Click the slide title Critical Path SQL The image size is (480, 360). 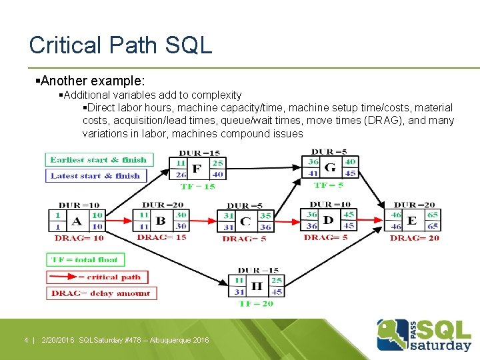121,45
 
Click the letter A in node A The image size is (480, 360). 77,221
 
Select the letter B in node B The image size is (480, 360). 161,221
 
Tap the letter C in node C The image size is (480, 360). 245,221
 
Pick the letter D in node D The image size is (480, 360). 328,220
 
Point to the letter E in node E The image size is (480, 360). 412,221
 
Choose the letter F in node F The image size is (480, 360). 196,169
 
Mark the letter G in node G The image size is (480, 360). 329,167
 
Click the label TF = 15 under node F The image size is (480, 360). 198,187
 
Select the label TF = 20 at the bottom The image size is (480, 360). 257,304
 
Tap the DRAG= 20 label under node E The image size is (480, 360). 415,238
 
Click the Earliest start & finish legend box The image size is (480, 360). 99,160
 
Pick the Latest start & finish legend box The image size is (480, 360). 95,176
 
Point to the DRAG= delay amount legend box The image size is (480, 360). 101,293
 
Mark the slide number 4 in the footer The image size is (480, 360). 26,340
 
